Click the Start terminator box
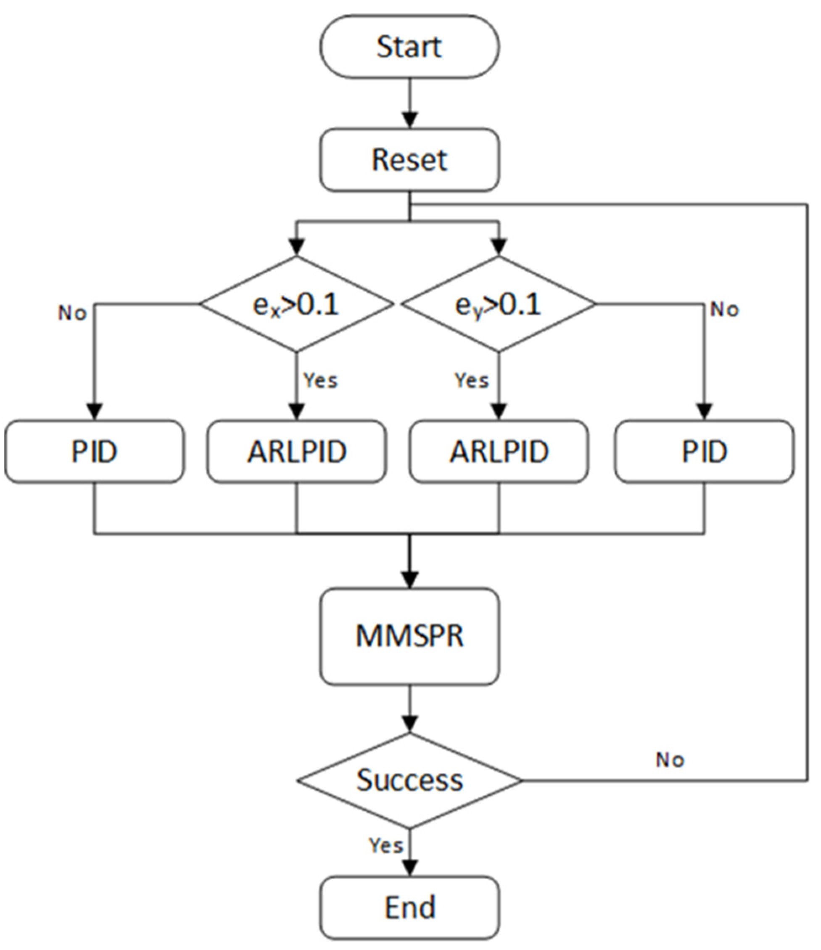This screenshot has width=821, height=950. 409,47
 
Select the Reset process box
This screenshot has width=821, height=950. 409,159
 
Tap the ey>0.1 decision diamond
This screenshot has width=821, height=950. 499,304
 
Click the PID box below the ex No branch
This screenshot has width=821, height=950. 95,452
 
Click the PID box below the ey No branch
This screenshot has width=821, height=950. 704,452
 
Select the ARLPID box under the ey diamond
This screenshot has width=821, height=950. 499,452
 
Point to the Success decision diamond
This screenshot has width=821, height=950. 409,781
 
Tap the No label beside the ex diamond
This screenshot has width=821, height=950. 72,313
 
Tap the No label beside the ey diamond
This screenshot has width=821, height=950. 724,310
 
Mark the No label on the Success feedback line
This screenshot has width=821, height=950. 670,760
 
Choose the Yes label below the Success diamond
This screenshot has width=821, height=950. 386,845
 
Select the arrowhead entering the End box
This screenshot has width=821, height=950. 409,868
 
